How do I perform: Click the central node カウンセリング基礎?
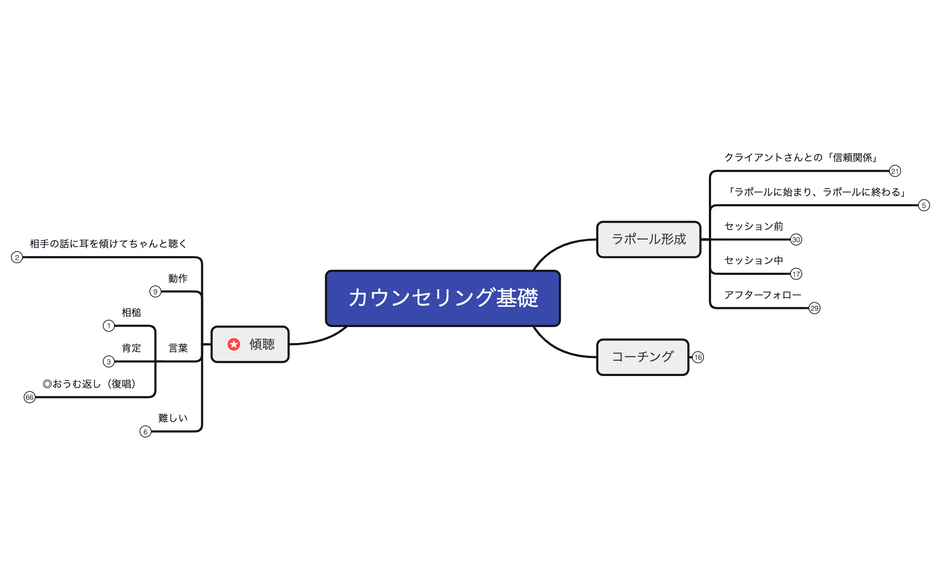pyautogui.click(x=443, y=298)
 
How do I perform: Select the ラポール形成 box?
pyautogui.click(x=648, y=239)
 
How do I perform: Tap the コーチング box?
pyautogui.click(x=642, y=357)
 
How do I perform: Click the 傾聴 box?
pyautogui.click(x=250, y=345)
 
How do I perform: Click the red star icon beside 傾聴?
pyautogui.click(x=234, y=344)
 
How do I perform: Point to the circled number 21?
pyautogui.click(x=895, y=171)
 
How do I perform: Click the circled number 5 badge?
pyautogui.click(x=923, y=205)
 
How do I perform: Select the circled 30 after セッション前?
pyautogui.click(x=796, y=239)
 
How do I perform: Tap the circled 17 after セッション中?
pyautogui.click(x=796, y=274)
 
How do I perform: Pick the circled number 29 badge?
pyautogui.click(x=814, y=308)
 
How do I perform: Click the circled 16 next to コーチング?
pyautogui.click(x=698, y=358)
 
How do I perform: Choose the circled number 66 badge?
pyautogui.click(x=30, y=397)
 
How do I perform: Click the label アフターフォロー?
pyautogui.click(x=762, y=295)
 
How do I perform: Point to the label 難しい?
pyautogui.click(x=173, y=418)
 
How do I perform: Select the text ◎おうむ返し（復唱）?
pyautogui.click(x=89, y=384)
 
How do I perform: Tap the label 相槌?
pyautogui.click(x=131, y=313)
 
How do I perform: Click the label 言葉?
pyautogui.click(x=178, y=348)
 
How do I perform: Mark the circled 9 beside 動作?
pyautogui.click(x=155, y=292)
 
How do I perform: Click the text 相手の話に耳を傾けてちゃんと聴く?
pyautogui.click(x=108, y=244)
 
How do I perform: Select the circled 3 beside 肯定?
pyautogui.click(x=109, y=362)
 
